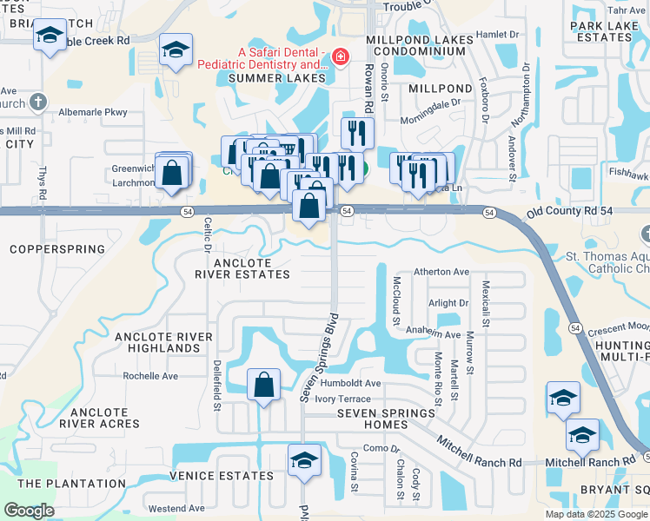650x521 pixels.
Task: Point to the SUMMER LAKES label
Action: pos(276,79)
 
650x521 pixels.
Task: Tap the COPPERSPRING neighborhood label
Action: pos(57,249)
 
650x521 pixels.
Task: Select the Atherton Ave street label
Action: pos(441,272)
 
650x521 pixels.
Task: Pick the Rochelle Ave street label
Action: pos(150,376)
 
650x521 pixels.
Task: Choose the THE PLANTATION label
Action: pos(71,484)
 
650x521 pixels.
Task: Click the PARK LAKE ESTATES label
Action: pos(605,32)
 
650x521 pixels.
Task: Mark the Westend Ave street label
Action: pos(176,508)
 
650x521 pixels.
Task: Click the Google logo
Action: pos(29,511)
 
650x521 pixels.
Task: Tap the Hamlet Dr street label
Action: pos(497,34)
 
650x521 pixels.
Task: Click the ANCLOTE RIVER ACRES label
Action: pos(104,418)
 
